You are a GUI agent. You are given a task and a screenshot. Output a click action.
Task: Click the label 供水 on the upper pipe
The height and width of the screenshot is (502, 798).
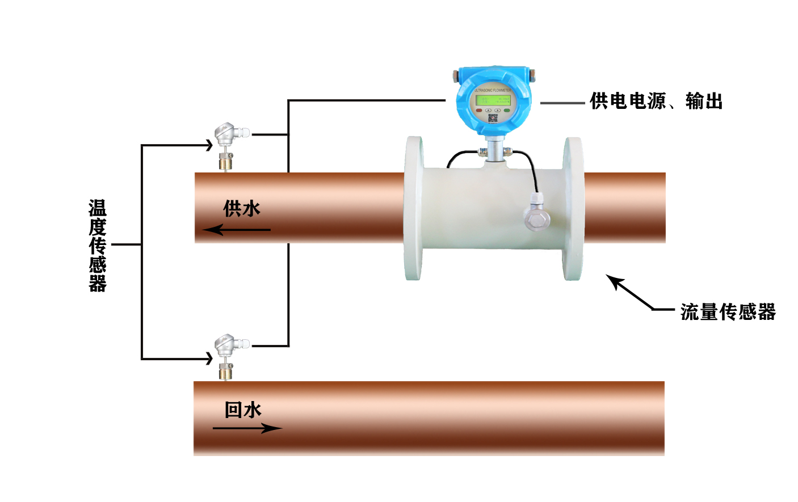point(242,209)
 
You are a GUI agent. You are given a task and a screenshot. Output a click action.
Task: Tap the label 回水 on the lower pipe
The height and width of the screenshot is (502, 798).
point(243,410)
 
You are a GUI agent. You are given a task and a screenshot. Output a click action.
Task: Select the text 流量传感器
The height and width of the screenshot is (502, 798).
point(728,312)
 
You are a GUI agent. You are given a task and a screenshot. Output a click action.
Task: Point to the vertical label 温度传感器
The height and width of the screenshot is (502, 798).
point(98,246)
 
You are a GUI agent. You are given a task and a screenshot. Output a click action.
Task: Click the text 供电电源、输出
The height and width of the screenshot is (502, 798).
point(656,102)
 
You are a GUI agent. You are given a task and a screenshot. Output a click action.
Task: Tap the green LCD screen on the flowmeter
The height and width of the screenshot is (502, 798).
point(493,100)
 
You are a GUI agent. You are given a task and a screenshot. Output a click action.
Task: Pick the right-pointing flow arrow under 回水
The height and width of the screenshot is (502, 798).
point(247,428)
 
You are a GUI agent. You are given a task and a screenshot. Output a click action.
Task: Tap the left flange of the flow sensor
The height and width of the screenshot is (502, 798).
point(413,209)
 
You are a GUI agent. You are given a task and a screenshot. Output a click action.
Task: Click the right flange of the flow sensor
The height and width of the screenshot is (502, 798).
point(573,209)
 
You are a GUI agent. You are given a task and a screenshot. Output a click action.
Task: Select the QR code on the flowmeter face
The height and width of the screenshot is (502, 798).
point(493,118)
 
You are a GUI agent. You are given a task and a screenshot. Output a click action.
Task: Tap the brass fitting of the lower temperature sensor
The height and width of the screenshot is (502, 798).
point(226,372)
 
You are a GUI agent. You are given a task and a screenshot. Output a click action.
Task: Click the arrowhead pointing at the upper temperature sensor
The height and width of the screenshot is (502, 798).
point(209,145)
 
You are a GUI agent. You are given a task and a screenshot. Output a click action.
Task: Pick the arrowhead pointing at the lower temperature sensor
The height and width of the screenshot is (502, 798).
point(209,358)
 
